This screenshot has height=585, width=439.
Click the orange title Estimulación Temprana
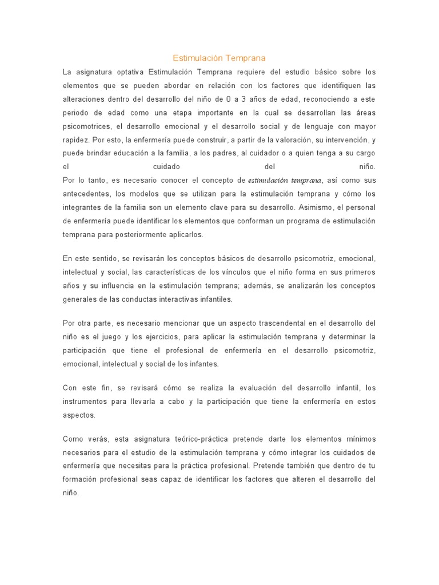pyautogui.click(x=219, y=58)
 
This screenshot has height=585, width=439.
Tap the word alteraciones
pyautogui.click(x=84, y=99)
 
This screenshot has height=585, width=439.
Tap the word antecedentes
pyautogui.click(x=86, y=194)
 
